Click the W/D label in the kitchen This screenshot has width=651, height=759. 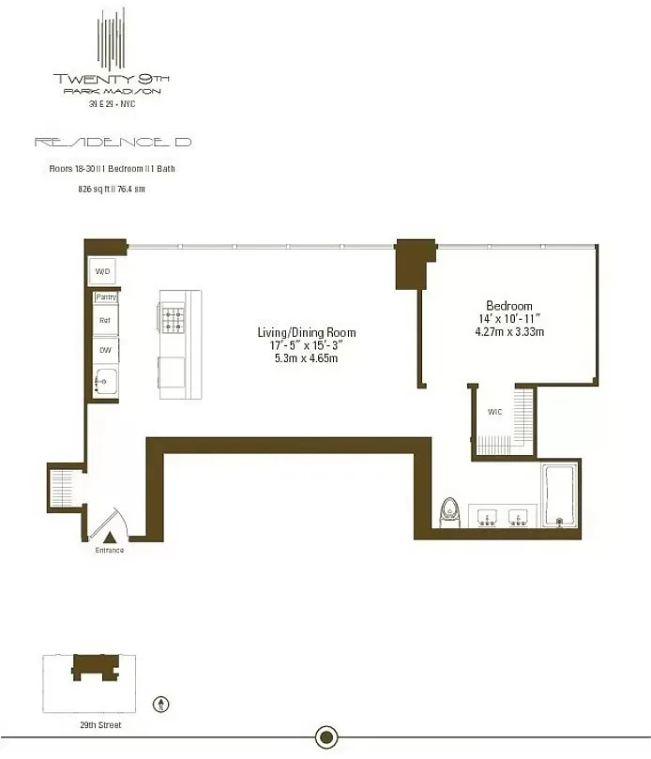(103, 272)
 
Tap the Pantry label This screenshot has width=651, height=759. (105, 297)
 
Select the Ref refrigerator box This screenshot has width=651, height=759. (104, 321)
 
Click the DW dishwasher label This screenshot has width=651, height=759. (104, 350)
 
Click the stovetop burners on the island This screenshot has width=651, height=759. (173, 321)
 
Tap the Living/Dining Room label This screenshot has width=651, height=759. (307, 333)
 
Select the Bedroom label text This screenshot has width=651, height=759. (508, 306)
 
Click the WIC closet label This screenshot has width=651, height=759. (493, 412)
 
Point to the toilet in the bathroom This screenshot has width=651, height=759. (449, 511)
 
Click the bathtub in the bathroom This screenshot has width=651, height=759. (560, 496)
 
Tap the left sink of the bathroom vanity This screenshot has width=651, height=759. (488, 516)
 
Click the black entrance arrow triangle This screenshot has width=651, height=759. (109, 537)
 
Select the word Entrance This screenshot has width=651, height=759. (109, 550)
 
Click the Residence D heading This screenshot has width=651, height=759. (113, 143)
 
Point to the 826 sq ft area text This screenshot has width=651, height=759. (111, 189)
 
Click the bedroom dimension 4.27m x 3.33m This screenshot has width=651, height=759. (508, 332)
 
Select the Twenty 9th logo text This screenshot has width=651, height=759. (113, 79)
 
